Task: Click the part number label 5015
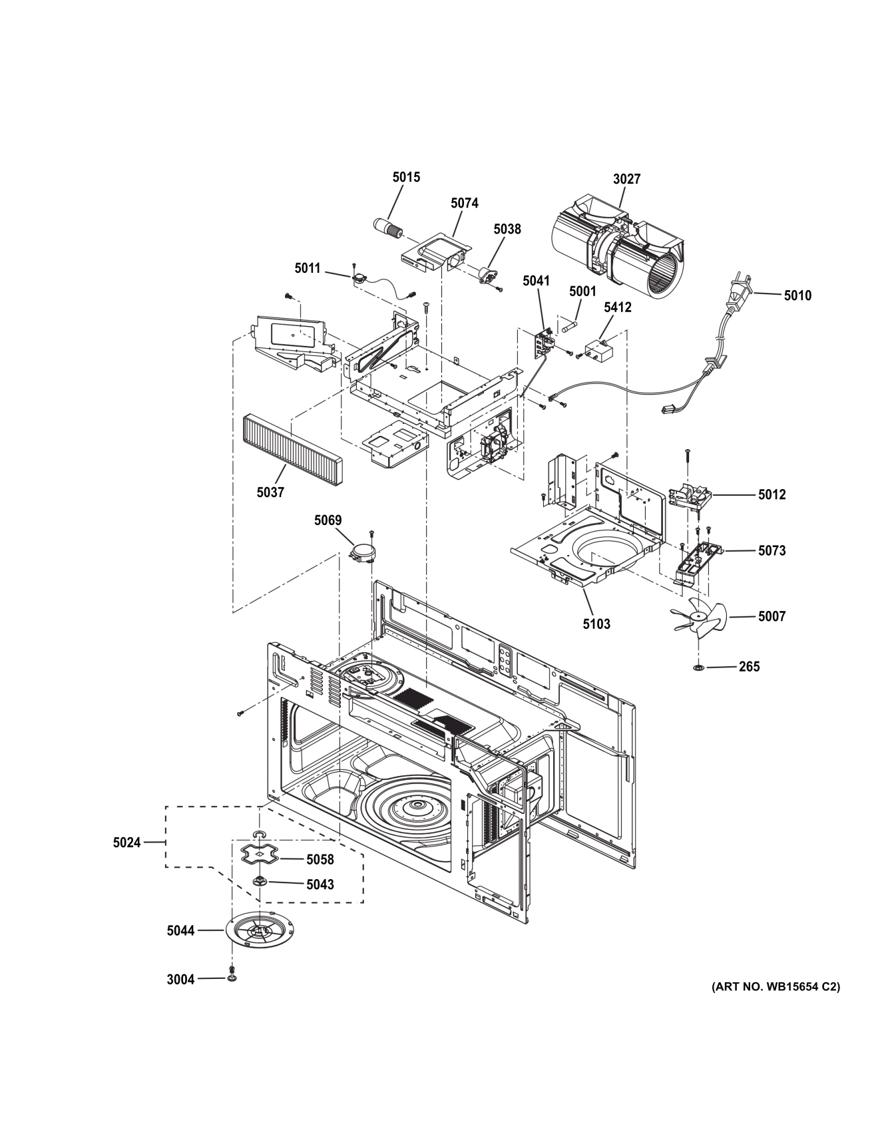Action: (406, 177)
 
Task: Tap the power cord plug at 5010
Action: (740, 294)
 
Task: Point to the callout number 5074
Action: (464, 203)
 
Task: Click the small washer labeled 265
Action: (699, 667)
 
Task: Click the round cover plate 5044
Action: (259, 930)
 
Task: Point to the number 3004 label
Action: (180, 979)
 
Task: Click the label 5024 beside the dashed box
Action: (126, 843)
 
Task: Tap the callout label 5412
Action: (617, 307)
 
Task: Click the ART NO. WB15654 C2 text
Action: (775, 986)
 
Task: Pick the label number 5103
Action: (596, 624)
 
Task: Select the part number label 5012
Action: (772, 494)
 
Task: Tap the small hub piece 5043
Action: (260, 882)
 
